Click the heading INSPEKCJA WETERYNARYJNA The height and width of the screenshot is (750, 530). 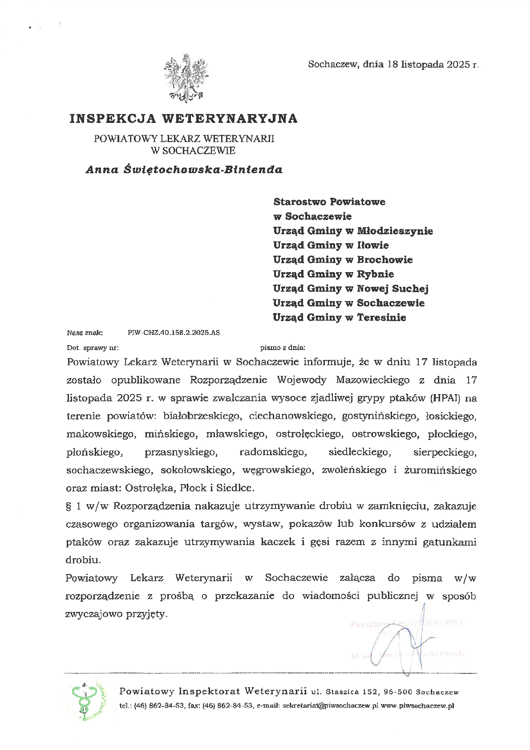coord(183,118)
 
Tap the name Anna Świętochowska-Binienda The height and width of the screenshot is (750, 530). coord(184,170)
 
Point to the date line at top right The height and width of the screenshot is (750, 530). coord(393,65)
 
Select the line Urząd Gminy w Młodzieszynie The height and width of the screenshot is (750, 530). coord(353,231)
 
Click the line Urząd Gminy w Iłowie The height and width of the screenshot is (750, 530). coord(331,245)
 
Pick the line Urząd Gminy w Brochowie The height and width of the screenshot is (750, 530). coord(343,260)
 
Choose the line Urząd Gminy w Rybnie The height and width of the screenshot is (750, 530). coord(333,274)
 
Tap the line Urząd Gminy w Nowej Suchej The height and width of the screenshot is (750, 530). coord(351,289)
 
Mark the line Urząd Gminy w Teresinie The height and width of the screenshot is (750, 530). coord(340,318)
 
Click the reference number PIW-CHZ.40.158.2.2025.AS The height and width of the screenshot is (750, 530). coord(174,332)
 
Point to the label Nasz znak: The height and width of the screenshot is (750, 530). coord(85,332)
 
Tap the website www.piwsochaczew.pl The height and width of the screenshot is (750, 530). coord(417,706)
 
